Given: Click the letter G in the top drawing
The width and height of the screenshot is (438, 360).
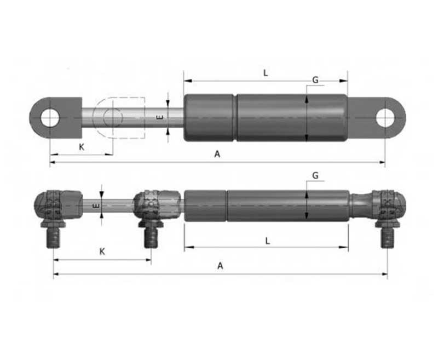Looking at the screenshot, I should (x=315, y=80).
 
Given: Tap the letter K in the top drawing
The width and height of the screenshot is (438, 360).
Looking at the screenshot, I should (x=82, y=147).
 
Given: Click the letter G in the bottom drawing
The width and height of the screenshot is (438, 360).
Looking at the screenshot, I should (x=315, y=175).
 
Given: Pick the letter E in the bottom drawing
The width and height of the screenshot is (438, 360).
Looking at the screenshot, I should (x=95, y=206).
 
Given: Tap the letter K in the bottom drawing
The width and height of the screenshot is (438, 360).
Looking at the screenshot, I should (x=102, y=252).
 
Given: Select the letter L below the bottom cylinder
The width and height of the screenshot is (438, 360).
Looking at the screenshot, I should (x=267, y=241).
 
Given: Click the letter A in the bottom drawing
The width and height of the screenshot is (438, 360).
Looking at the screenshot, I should (x=220, y=266).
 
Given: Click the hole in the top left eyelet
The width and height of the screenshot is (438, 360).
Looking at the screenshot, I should (x=50, y=118).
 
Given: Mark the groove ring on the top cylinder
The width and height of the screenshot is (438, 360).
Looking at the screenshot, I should (x=235, y=118).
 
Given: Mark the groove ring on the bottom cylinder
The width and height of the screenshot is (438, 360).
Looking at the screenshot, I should (x=227, y=206).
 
